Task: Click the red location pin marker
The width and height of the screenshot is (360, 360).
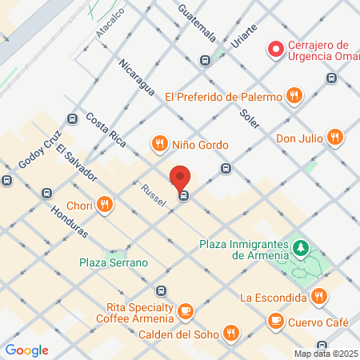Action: click(x=180, y=178)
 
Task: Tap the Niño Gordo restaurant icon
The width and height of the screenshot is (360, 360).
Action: click(x=160, y=145)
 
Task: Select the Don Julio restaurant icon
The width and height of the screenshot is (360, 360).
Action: click(x=334, y=138)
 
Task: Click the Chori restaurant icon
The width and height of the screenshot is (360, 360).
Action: click(x=104, y=204)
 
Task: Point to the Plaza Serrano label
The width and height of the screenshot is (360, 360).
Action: click(x=114, y=262)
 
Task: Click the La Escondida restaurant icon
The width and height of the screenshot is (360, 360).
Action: click(x=319, y=297)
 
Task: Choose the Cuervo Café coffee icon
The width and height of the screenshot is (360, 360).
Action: click(x=275, y=322)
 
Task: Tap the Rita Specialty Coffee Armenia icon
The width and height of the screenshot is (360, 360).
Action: click(x=186, y=310)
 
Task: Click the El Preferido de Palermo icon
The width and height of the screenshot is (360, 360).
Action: click(x=295, y=97)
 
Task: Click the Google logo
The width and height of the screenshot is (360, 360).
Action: click(x=26, y=350)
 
